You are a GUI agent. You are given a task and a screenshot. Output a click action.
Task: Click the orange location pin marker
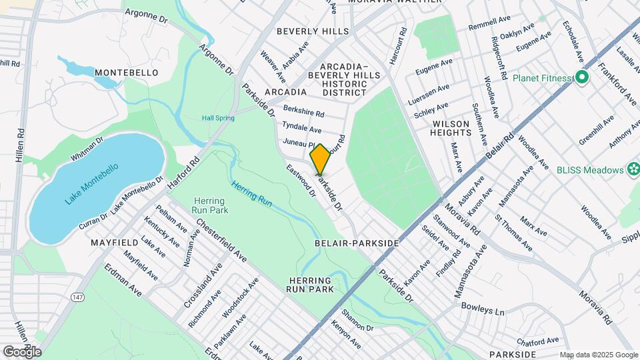320,159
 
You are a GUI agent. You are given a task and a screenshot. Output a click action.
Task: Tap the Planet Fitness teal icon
581,78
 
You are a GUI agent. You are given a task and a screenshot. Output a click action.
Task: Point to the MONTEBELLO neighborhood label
126,72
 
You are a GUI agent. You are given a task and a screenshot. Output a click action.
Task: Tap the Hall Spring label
218,118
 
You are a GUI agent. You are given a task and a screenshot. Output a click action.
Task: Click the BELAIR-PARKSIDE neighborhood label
356,243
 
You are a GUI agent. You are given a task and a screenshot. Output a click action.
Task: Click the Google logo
22,351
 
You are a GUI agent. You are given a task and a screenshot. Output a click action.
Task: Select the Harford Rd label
185,172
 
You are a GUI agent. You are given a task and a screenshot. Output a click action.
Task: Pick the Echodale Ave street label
574,41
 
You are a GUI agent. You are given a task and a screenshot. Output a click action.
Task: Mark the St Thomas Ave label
513,233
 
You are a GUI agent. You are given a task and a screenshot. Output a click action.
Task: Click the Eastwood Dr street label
301,181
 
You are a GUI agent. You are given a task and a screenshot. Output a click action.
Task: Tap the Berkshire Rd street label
303,111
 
